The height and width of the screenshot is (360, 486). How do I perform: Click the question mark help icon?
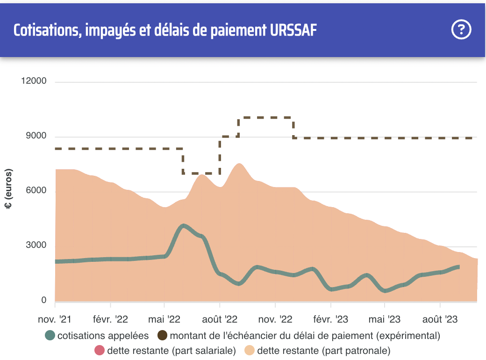tap(461, 30)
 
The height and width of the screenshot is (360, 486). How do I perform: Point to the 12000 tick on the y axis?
tap(34, 81)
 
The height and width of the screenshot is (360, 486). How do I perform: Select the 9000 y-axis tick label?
tap(36, 136)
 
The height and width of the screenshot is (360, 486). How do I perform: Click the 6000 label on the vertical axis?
tap(36, 191)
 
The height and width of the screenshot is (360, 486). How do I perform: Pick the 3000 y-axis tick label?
tap(36, 245)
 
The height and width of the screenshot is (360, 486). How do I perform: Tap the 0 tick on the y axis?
tap(44, 301)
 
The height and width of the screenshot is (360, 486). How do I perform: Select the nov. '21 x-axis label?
tap(55, 320)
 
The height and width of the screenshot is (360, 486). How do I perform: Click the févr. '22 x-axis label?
tap(110, 320)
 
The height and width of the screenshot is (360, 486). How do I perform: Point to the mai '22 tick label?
tap(164, 320)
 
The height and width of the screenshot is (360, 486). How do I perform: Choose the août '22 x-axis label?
tap(220, 320)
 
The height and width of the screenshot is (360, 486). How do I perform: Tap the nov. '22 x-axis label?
tap(275, 320)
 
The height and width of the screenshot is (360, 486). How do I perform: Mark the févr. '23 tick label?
tap(330, 320)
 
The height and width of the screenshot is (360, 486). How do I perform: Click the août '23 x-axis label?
tap(440, 320)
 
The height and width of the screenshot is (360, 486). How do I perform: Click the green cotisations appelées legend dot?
tap(50, 335)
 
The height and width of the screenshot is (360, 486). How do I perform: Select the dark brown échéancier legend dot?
tap(163, 335)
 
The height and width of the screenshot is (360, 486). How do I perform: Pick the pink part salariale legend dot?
tap(99, 350)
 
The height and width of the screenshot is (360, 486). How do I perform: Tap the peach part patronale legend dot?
tap(250, 350)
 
